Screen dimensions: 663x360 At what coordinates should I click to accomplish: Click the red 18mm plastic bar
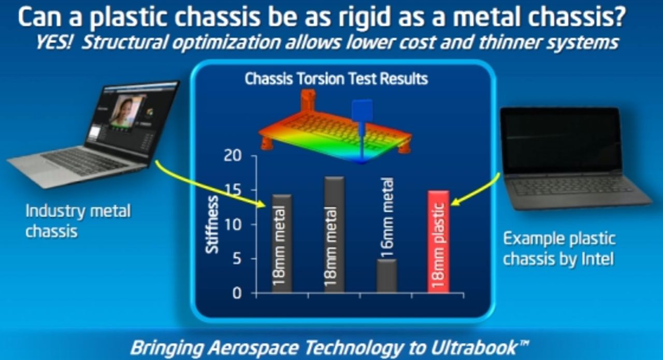tap(438, 242)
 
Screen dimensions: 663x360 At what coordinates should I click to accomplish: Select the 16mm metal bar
tap(386, 276)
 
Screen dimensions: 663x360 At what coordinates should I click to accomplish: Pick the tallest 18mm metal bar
tap(334, 235)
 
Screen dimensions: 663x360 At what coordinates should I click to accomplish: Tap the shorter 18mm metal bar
tap(282, 243)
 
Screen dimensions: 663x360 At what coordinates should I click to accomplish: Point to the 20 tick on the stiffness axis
tap(233, 155)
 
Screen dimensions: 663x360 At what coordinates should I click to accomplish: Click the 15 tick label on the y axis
tap(233, 190)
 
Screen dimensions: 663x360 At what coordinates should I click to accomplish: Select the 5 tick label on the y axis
tap(237, 259)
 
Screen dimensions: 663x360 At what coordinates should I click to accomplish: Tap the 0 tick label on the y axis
tap(237, 293)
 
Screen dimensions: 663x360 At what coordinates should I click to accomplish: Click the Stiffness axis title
tap(212, 225)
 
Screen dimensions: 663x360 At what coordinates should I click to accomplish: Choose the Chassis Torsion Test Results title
tap(336, 79)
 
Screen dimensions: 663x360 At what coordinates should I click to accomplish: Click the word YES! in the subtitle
tap(54, 42)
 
